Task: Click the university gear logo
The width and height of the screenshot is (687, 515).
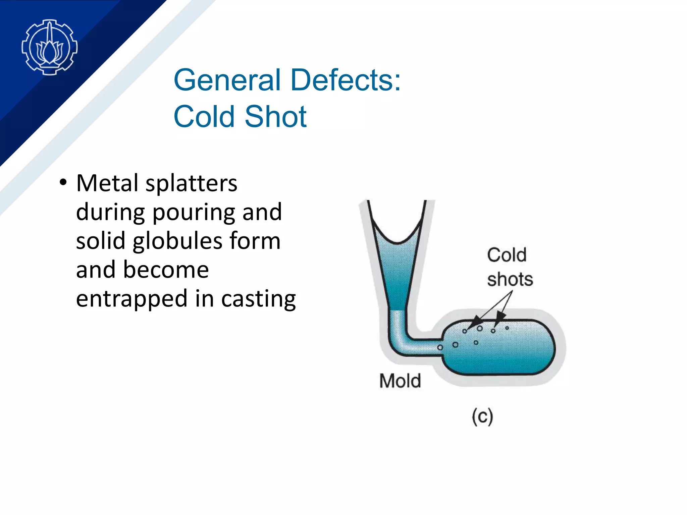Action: [50, 47]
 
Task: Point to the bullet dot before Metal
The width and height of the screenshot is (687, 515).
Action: [63, 183]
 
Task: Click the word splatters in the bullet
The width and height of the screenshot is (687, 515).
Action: [191, 184]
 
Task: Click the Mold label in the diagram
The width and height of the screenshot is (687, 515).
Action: [400, 381]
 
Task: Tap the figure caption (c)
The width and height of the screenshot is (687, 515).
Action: [482, 416]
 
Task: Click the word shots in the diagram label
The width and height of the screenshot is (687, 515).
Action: [510, 279]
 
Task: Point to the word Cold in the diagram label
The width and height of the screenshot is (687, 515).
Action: [507, 255]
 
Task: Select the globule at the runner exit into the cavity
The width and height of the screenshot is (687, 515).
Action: [440, 347]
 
